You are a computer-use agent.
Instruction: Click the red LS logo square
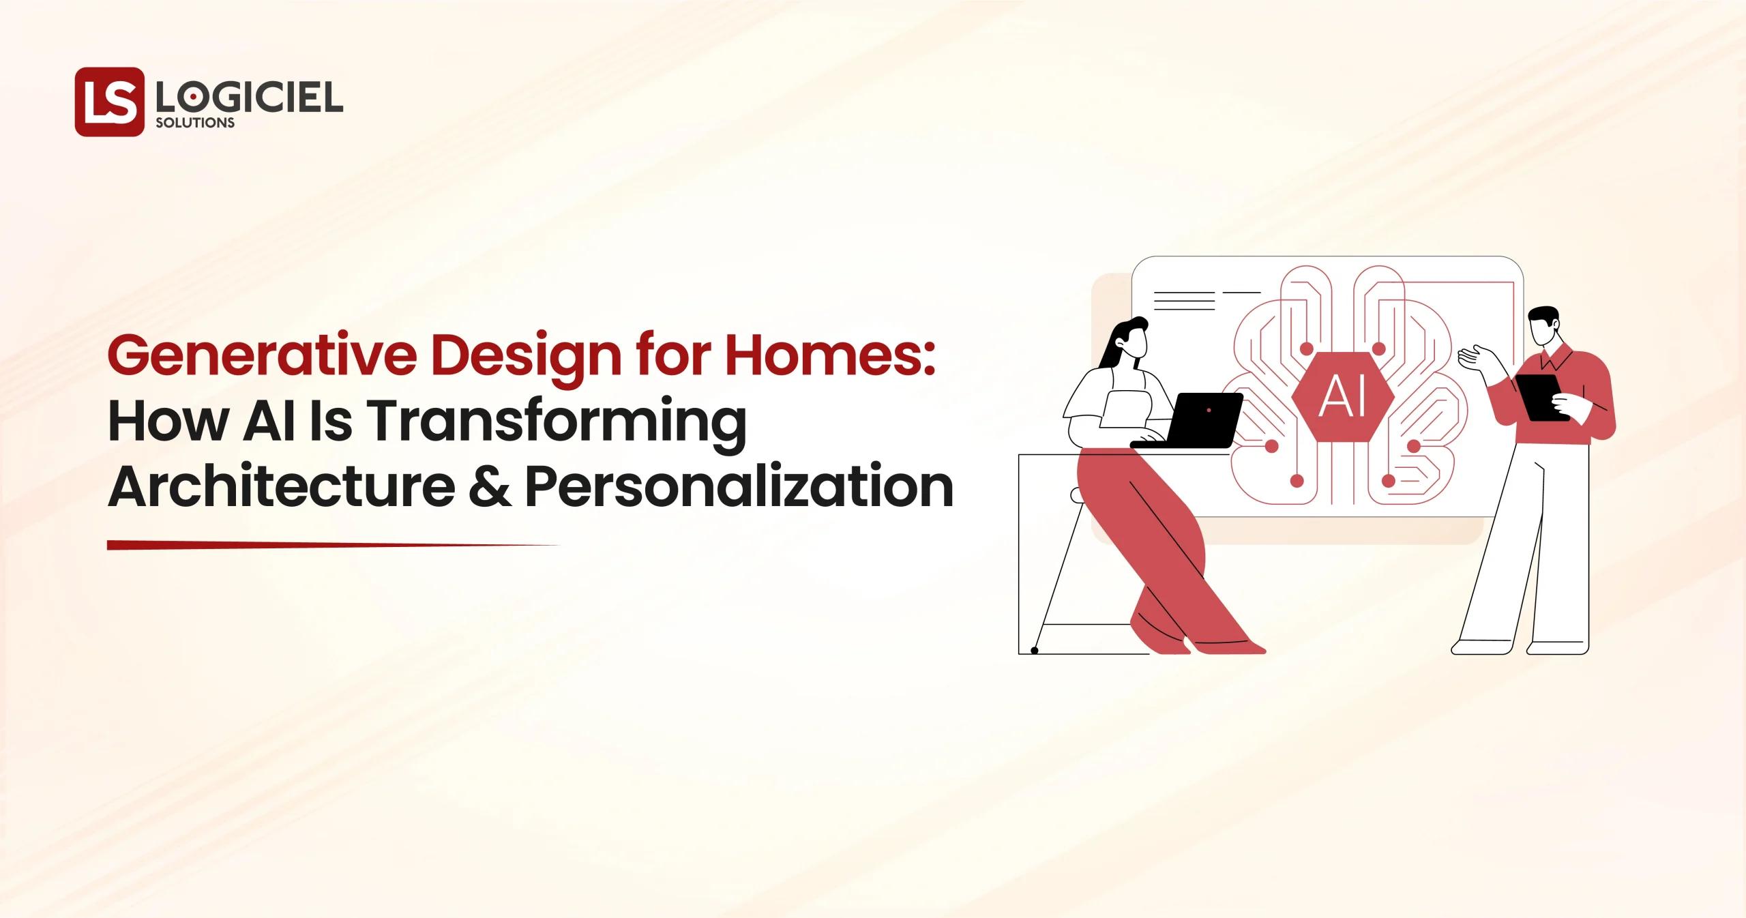[109, 102]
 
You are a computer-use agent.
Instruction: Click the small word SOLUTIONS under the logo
[195, 123]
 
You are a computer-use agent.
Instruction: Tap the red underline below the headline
[327, 545]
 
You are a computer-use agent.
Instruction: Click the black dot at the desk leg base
[1034, 651]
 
